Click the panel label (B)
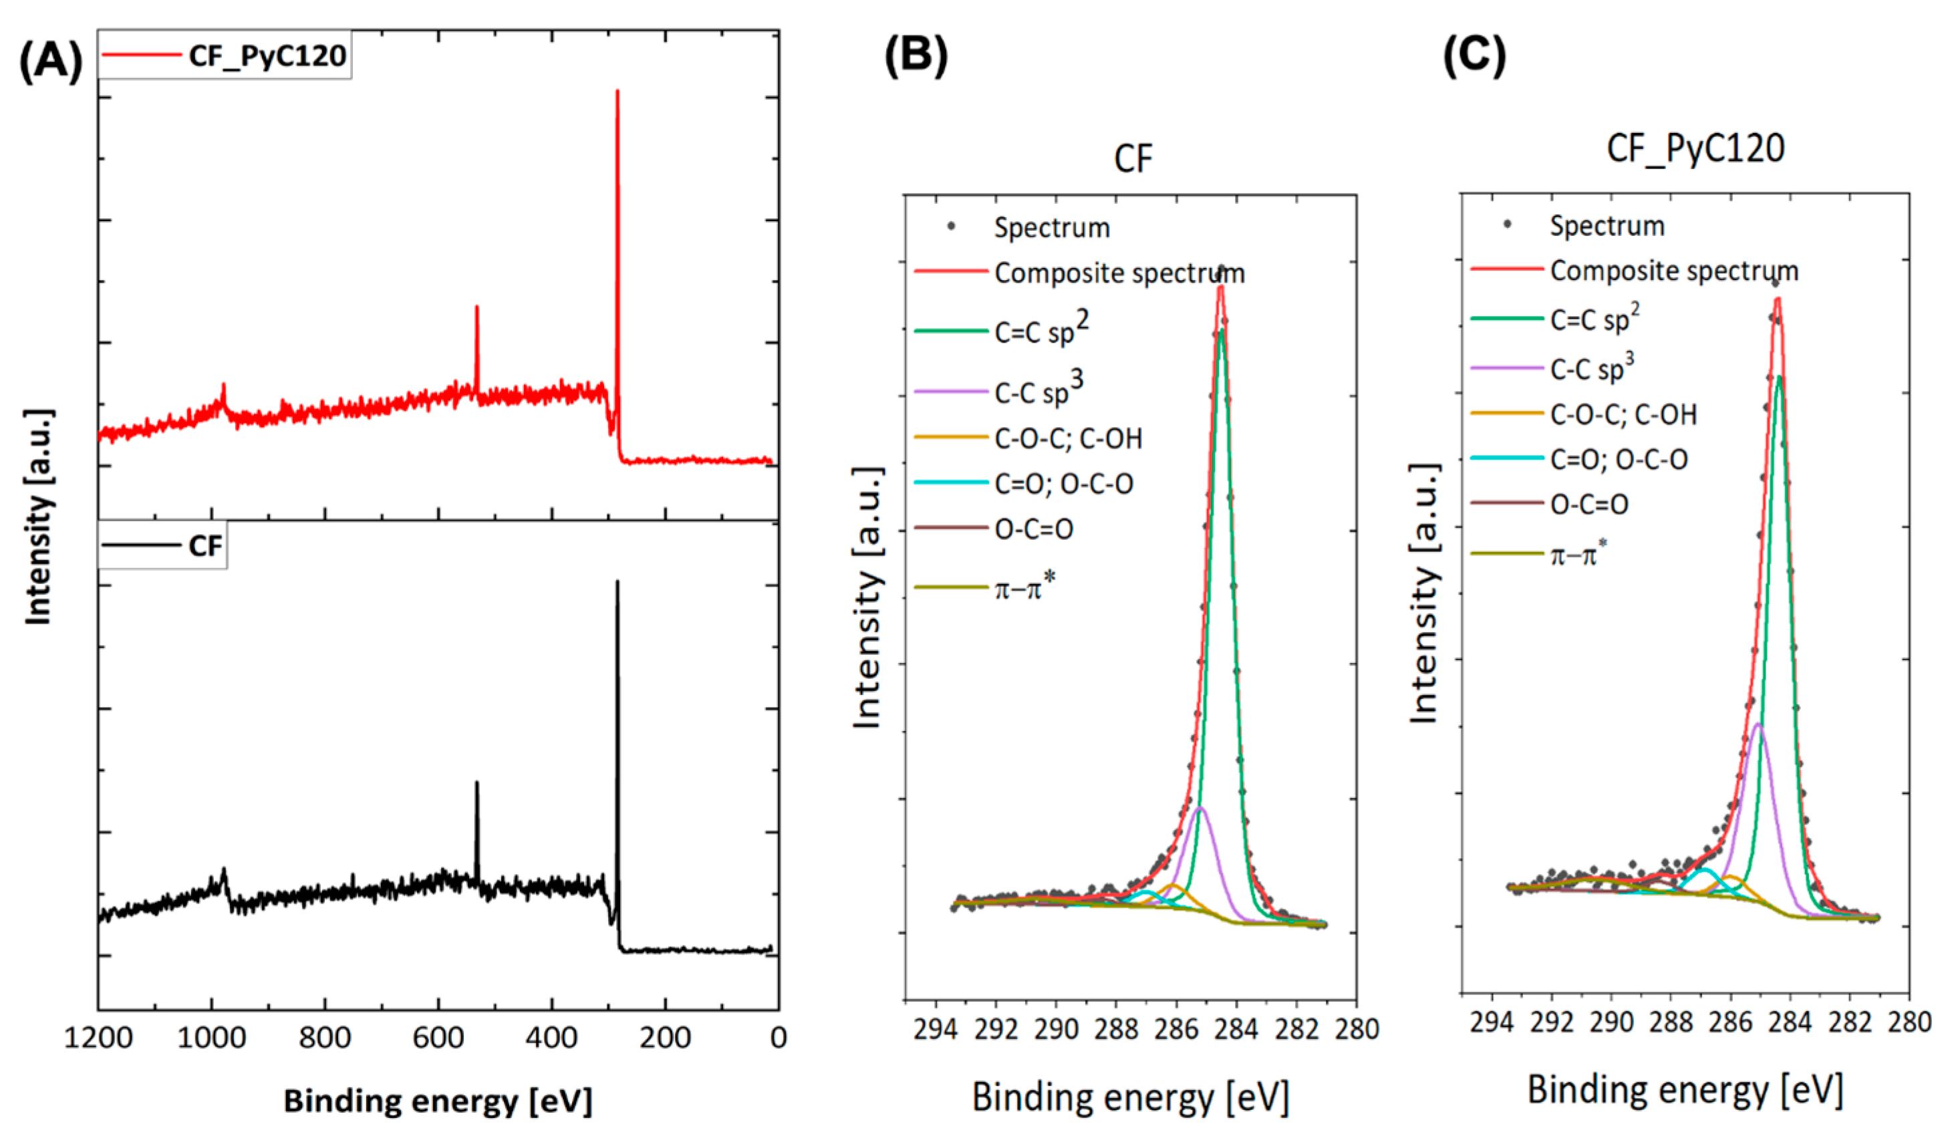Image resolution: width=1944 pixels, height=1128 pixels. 916,55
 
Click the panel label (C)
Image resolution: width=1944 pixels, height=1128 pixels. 1474,55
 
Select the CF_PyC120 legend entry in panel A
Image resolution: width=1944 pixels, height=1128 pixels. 266,55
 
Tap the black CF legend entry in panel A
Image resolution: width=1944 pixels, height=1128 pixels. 204,546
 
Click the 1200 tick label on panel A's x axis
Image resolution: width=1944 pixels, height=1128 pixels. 98,1038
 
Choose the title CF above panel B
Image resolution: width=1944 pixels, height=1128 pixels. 1133,159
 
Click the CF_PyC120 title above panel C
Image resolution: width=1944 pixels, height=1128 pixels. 1695,148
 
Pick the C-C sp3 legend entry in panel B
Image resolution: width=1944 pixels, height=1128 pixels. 1038,392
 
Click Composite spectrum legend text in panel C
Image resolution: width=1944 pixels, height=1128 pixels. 1674,271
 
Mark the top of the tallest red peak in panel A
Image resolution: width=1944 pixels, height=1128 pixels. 617,92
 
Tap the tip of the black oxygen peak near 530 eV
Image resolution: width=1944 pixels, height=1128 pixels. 476,783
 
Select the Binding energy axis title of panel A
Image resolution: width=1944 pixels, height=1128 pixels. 438,1100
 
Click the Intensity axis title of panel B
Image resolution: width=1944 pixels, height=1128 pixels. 869,597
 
